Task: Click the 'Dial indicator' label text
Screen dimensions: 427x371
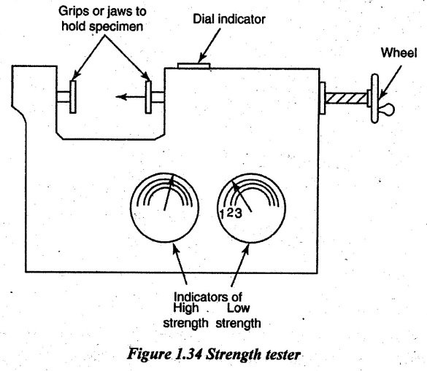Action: (x=229, y=19)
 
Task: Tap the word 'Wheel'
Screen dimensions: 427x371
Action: (x=399, y=52)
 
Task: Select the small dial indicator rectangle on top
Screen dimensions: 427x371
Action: (x=193, y=66)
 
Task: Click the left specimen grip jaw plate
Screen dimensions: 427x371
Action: (x=73, y=96)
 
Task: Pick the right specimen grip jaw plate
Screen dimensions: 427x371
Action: (x=148, y=96)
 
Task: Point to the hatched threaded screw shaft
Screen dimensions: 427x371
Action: (x=346, y=98)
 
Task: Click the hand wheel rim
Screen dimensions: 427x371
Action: (x=375, y=98)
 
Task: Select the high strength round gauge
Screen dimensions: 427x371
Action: (x=164, y=208)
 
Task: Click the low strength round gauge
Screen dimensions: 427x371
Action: (x=251, y=208)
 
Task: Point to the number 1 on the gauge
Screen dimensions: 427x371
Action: (x=223, y=214)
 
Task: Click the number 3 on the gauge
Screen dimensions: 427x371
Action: (x=238, y=213)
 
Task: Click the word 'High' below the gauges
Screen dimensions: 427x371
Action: (x=186, y=308)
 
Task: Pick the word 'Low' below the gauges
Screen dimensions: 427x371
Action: (x=239, y=308)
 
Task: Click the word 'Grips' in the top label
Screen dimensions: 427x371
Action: (x=70, y=12)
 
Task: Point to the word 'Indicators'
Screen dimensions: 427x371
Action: (x=199, y=297)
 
